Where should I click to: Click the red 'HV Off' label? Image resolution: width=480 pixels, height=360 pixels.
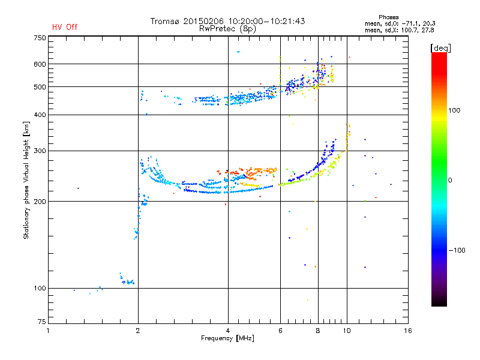(x=65, y=27)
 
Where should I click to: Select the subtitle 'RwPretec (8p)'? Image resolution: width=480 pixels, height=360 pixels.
(x=227, y=29)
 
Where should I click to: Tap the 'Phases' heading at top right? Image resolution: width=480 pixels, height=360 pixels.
(x=388, y=17)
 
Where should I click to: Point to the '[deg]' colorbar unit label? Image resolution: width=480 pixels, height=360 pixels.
(x=440, y=48)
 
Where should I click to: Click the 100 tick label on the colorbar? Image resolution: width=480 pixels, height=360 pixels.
(x=454, y=110)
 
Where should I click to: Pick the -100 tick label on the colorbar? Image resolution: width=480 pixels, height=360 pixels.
(x=457, y=250)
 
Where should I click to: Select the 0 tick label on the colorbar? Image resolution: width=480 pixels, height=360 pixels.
(x=450, y=181)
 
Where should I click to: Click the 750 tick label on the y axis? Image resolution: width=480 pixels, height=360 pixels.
(x=40, y=38)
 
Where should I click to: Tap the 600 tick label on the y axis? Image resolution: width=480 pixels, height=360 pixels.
(x=40, y=64)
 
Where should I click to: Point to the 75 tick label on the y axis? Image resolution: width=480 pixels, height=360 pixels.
(x=42, y=322)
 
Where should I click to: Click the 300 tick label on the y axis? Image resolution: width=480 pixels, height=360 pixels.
(x=40, y=151)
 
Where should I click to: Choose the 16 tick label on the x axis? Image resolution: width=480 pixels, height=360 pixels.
(x=408, y=331)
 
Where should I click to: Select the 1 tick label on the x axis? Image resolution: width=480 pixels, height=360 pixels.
(x=48, y=331)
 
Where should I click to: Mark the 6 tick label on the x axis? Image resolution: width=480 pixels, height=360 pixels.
(x=280, y=331)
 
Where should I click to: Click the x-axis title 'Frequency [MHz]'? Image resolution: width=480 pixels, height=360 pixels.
(x=227, y=338)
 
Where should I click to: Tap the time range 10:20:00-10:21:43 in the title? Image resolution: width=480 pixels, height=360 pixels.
(x=266, y=21)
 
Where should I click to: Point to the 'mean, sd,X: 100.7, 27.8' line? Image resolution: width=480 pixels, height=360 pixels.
(x=399, y=30)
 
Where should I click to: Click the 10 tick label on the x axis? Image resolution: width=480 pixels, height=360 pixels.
(x=347, y=331)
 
